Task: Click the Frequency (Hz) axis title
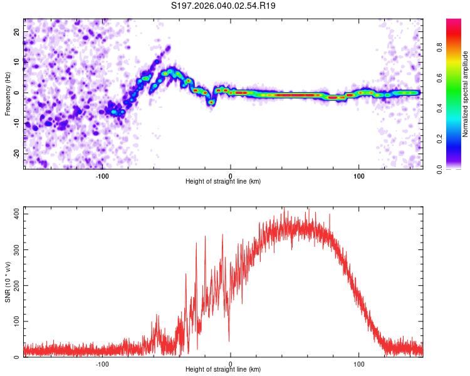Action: [x=8, y=93]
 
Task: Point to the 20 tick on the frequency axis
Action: [x=18, y=31]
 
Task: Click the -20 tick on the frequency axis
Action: [x=16, y=154]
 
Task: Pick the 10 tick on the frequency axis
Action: [x=18, y=62]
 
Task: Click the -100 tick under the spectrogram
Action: [x=102, y=175]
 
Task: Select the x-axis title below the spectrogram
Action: [x=223, y=181]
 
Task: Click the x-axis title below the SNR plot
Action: [x=223, y=370]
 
